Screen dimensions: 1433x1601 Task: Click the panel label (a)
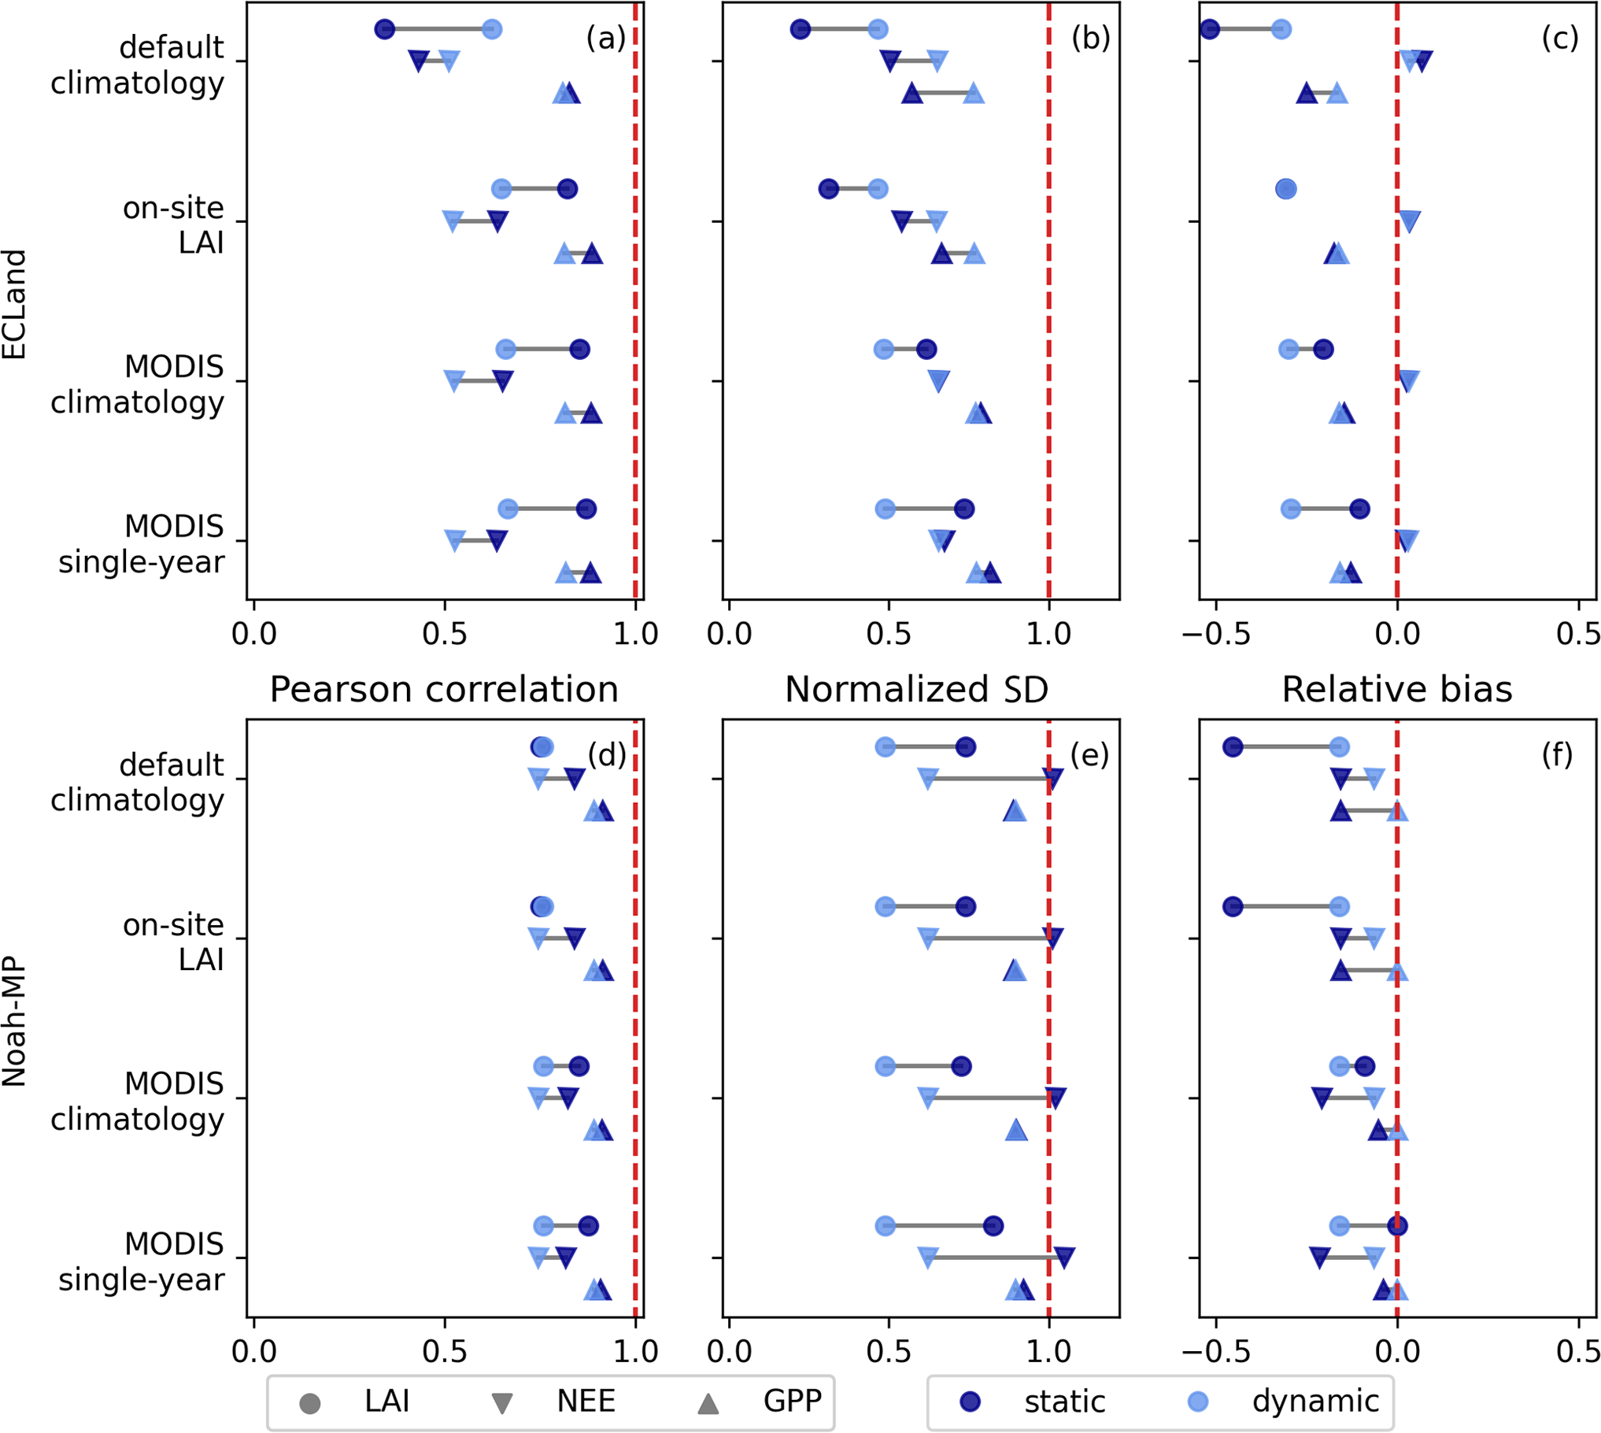click(605, 37)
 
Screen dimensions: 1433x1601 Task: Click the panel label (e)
click(1089, 754)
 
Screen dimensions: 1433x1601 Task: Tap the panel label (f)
click(1557, 754)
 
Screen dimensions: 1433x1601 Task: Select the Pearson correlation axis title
click(444, 690)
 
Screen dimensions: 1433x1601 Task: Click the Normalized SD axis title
click(916, 690)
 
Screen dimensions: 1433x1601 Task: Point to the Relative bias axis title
click(1397, 690)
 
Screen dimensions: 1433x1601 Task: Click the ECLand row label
click(14, 304)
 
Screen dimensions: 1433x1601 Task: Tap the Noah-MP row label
click(14, 1020)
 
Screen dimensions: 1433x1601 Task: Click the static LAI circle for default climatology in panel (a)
click(384, 30)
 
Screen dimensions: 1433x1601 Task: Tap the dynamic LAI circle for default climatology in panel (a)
click(492, 30)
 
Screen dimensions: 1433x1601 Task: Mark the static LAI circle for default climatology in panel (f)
click(1233, 747)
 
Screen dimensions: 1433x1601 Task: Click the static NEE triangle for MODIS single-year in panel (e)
click(1064, 1257)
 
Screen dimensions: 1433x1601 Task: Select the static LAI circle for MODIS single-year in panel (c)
click(1359, 509)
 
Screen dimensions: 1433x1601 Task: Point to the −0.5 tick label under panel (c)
click(1216, 634)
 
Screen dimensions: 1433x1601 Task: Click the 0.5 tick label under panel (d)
click(445, 1352)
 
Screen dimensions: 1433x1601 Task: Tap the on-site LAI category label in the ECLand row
click(173, 224)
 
